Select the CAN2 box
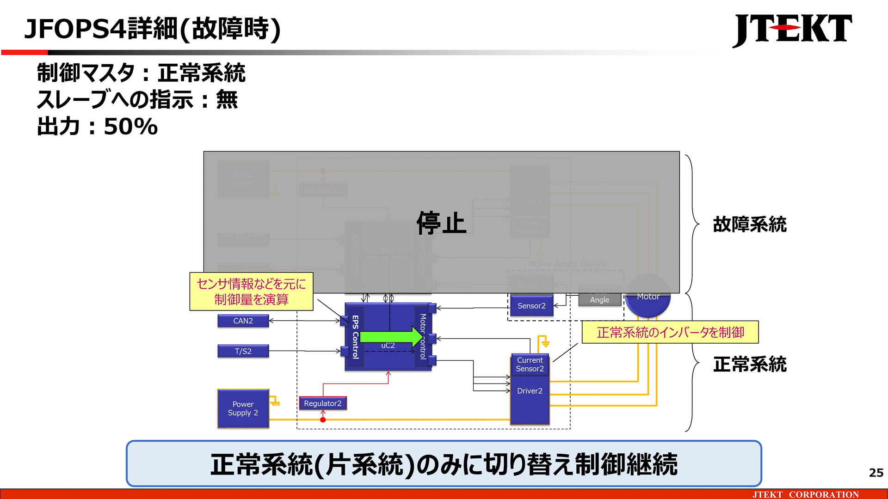[243, 321]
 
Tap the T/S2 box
[243, 351]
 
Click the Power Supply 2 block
[243, 408]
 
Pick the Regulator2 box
[322, 403]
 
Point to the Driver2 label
[530, 391]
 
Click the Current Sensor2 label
[530, 364]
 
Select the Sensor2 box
[531, 306]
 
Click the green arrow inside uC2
[391, 337]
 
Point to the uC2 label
[388, 346]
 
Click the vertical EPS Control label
[355, 337]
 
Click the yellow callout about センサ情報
[251, 292]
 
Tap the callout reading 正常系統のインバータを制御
[670, 332]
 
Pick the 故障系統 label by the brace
[749, 225]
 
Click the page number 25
[876, 473]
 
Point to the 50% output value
[131, 127]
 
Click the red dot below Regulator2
[323, 420]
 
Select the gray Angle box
[599, 299]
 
